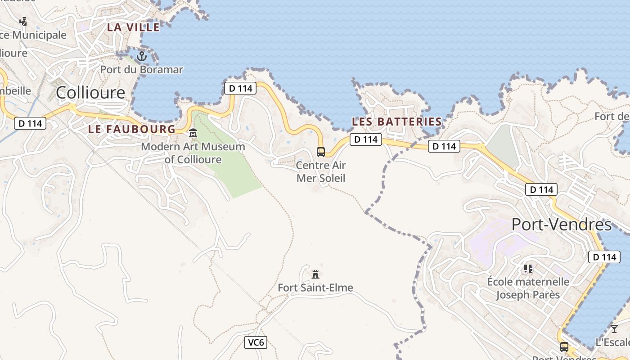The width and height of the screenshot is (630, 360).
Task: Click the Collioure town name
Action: [x=90, y=93]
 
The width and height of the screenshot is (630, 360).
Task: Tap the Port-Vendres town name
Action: [x=562, y=225]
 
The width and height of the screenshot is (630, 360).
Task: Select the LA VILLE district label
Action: [x=133, y=27]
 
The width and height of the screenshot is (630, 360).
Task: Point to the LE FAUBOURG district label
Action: [x=132, y=129]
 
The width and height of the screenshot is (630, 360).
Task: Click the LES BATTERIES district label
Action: [x=396, y=121]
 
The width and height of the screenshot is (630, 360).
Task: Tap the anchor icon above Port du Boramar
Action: [x=142, y=56]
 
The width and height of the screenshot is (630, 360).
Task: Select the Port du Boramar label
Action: [x=142, y=70]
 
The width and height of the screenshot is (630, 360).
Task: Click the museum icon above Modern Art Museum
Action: [x=193, y=133]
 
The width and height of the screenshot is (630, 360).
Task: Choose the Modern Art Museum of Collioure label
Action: [x=193, y=153]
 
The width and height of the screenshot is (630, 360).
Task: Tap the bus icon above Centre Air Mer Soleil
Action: [x=321, y=152]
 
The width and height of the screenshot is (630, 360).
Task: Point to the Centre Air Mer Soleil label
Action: [x=321, y=171]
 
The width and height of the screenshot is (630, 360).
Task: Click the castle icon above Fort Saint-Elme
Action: [x=315, y=274]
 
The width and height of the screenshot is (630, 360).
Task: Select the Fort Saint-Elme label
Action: [x=315, y=288]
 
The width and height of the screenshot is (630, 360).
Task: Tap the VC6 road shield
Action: [x=256, y=342]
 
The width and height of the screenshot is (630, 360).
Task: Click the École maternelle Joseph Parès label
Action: [x=528, y=288]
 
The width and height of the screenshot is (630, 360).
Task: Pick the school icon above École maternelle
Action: [x=528, y=269]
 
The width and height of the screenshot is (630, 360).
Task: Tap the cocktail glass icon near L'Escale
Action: [x=614, y=329]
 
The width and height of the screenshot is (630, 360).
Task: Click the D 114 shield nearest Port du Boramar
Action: [x=240, y=88]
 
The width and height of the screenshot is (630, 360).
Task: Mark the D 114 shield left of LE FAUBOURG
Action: [x=31, y=123]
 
